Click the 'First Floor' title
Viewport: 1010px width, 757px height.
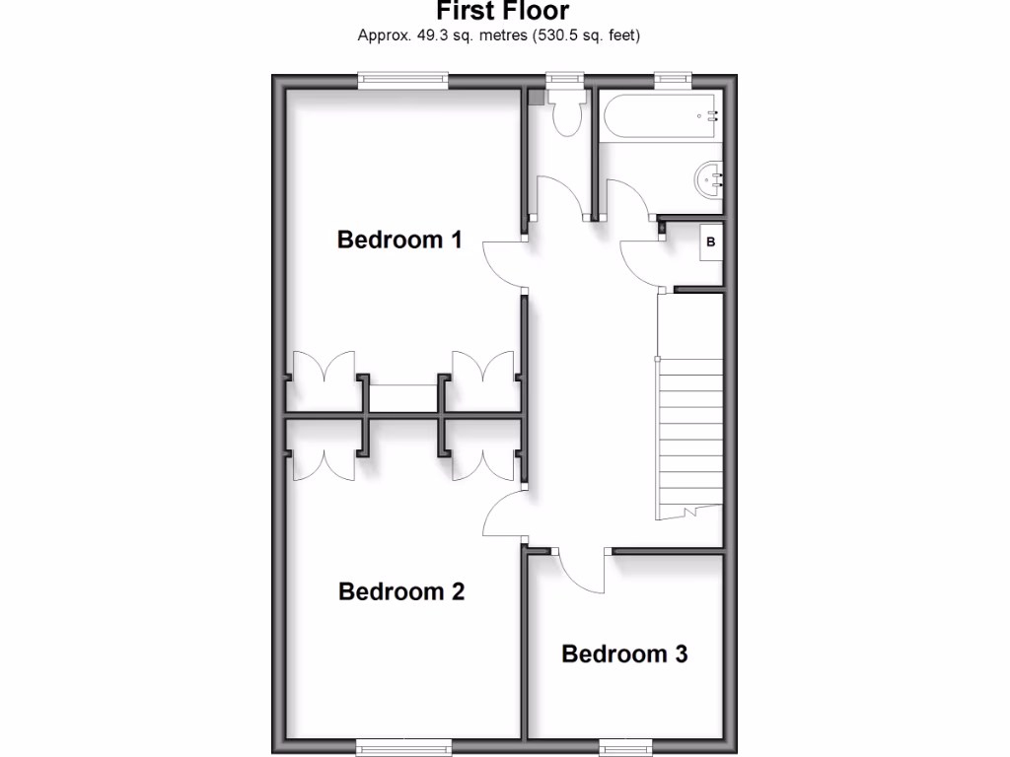pyautogui.click(x=502, y=11)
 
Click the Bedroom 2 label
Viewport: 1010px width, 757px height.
pyautogui.click(x=400, y=591)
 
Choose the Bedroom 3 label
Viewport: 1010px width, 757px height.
pyautogui.click(x=624, y=654)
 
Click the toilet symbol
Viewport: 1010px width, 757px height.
pyautogui.click(x=567, y=114)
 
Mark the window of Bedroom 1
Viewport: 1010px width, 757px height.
pyautogui.click(x=402, y=81)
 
